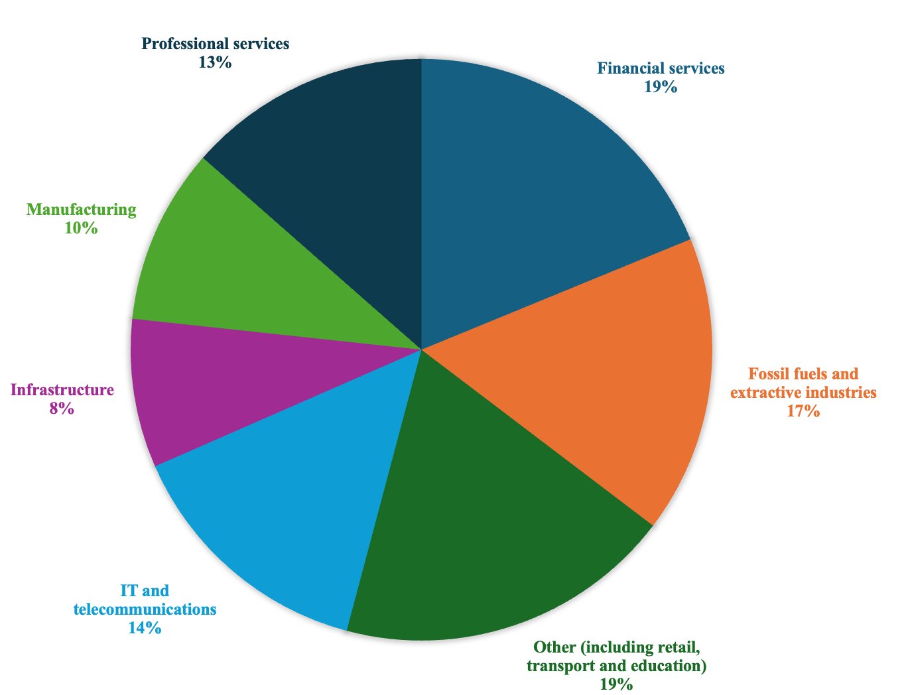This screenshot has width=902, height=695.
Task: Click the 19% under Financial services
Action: pos(660,86)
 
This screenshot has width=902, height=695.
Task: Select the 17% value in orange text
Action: pos(803,411)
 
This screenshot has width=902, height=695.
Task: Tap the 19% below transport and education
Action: pos(616,684)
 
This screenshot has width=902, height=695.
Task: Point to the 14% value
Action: pos(145,627)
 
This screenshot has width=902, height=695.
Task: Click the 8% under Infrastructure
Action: pos(62,409)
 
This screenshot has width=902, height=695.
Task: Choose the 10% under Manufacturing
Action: pos(81,228)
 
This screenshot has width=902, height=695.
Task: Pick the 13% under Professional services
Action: pos(214,62)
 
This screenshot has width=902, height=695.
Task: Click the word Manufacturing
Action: pos(81,210)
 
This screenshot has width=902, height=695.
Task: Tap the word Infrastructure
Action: pos(62,390)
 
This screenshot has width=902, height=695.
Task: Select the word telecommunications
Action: pos(145,609)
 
